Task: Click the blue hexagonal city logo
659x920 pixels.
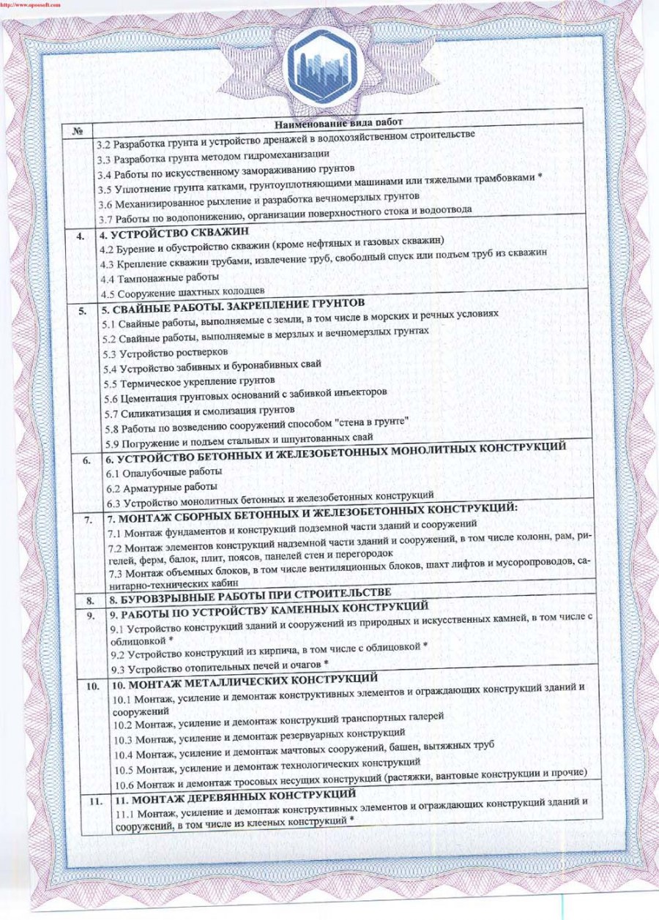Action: pyautogui.click(x=327, y=67)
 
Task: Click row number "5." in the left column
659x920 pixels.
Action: pyautogui.click(x=83, y=310)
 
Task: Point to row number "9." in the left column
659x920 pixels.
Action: pyautogui.click(x=89, y=615)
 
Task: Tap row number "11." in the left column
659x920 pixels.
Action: pyautogui.click(x=94, y=801)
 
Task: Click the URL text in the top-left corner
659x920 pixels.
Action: pyautogui.click(x=29, y=4)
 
